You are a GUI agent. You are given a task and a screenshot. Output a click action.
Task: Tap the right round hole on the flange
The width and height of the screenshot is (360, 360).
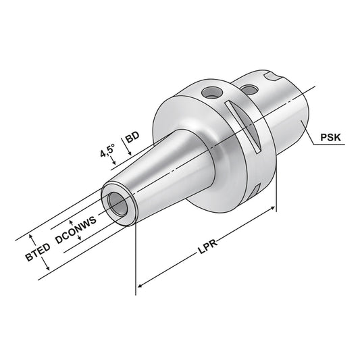pyautogui.click(x=251, y=88)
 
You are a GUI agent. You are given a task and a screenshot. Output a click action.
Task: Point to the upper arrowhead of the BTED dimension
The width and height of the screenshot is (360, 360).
pyautogui.click(x=30, y=238)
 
